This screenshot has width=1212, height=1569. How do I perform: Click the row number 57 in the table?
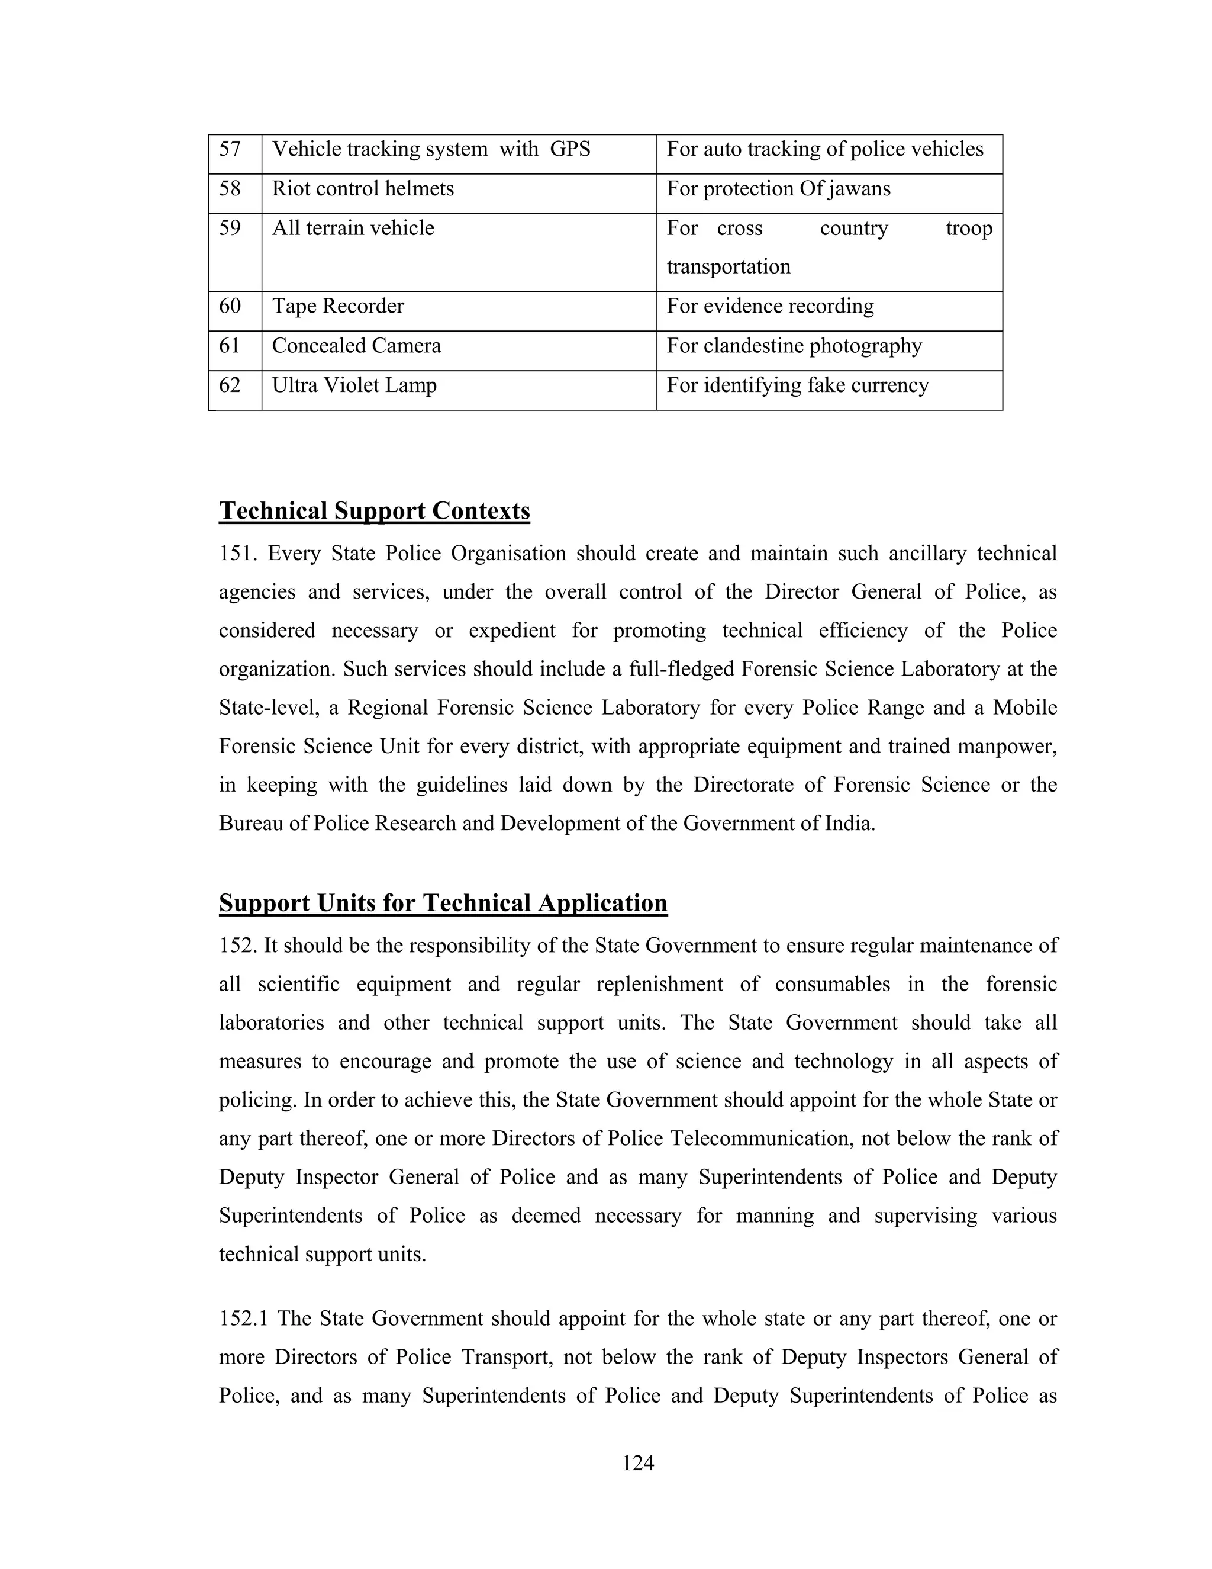pos(230,149)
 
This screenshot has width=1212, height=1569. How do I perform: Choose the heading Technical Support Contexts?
pos(374,511)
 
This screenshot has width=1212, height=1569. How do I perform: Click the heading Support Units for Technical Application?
pos(443,903)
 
